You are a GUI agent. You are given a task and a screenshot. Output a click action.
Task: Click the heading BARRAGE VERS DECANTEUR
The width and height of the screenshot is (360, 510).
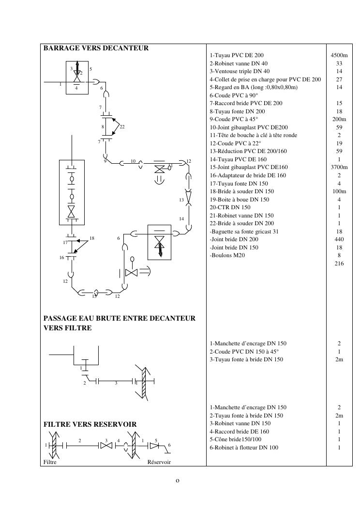pyautogui.click(x=96, y=48)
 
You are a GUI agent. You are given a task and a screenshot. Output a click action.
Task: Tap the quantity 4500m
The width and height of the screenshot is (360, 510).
pyautogui.click(x=339, y=55)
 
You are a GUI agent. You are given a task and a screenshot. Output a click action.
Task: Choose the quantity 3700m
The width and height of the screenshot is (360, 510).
pyautogui.click(x=339, y=167)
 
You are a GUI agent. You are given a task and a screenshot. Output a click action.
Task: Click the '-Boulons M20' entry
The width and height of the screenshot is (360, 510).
pyautogui.click(x=227, y=255)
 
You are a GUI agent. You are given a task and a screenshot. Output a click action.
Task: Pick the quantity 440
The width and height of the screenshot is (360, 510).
pyautogui.click(x=339, y=239)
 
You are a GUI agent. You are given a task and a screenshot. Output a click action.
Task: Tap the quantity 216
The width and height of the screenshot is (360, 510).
pyautogui.click(x=339, y=263)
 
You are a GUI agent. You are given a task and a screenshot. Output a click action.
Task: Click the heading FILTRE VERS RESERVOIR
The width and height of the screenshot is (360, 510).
pyautogui.click(x=90, y=424)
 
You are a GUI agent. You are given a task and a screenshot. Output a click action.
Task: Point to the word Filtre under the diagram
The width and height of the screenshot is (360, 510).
pyautogui.click(x=50, y=462)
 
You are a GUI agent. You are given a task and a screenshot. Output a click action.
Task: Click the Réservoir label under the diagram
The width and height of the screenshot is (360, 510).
pyautogui.click(x=159, y=462)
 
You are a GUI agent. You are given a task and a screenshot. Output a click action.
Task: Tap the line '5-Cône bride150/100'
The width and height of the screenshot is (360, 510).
pyautogui.click(x=236, y=439)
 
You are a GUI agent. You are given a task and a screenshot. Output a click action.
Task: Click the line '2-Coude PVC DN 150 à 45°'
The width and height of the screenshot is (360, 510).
pyautogui.click(x=244, y=352)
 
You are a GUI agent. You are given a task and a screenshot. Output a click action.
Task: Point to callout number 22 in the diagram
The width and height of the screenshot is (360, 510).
pyautogui.click(x=122, y=127)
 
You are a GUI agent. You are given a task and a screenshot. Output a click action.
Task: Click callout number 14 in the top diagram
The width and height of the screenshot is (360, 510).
pyautogui.click(x=181, y=218)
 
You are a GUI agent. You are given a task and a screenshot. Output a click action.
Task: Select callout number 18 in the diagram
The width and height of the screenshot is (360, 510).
pyautogui.click(x=92, y=238)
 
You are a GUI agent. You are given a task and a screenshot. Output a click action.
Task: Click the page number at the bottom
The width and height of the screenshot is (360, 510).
pyautogui.click(x=178, y=481)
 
